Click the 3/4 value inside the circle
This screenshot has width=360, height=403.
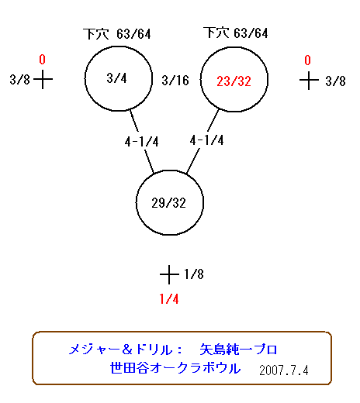click(116, 78)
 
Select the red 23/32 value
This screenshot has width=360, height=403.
click(234, 81)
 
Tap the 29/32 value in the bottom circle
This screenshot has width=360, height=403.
click(168, 203)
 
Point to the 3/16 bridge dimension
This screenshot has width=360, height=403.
click(175, 80)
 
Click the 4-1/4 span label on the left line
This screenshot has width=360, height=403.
click(141, 142)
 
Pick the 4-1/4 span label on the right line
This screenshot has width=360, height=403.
click(206, 140)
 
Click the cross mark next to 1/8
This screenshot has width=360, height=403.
click(169, 274)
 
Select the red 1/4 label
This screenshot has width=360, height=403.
click(169, 299)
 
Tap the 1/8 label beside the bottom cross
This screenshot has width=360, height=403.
click(194, 274)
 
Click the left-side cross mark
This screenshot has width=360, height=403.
click(43, 79)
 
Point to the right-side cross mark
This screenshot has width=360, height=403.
click(309, 81)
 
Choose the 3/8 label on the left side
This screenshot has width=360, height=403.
click(20, 79)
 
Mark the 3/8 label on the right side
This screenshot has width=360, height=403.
click(335, 81)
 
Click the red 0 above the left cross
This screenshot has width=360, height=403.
click(42, 60)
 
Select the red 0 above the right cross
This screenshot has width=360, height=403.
click(307, 60)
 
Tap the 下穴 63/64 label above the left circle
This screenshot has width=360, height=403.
click(117, 34)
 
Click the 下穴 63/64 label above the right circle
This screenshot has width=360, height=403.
click(236, 33)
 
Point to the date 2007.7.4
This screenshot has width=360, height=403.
click(284, 370)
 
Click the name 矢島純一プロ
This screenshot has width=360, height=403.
click(238, 350)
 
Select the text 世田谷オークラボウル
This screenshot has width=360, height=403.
click(175, 368)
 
